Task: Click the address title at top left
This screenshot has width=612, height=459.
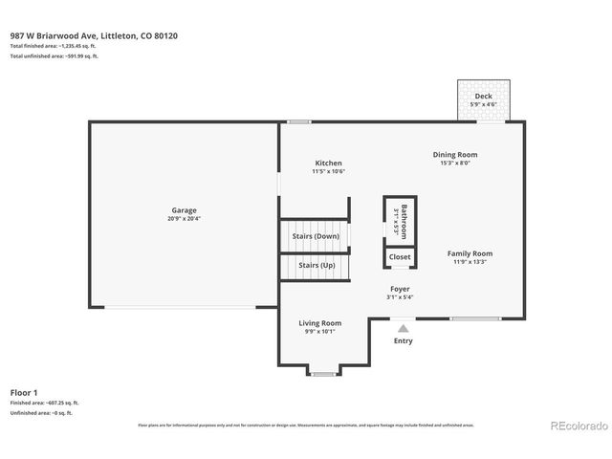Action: pos(94,35)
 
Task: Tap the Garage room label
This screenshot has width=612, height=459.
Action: pos(185,209)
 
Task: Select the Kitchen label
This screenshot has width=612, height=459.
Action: pos(328,164)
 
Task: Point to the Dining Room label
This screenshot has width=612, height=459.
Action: pos(455,154)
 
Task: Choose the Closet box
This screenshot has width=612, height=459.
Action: pos(400,257)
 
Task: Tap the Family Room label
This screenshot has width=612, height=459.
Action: pos(470,253)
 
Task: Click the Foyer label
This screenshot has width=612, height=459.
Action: pos(400,289)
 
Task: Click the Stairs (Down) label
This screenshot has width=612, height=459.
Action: pos(316,235)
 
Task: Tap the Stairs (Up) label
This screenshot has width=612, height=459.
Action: pos(316,265)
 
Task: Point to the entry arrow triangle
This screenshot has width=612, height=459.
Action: pos(404,328)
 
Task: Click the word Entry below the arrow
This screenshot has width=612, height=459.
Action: pos(404,340)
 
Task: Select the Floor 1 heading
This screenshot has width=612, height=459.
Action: pos(24,392)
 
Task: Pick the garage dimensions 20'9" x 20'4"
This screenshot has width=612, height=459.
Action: pos(185,218)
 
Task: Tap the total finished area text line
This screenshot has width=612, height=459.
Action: pos(55,46)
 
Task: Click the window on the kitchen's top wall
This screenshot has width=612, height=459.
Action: pos(299,121)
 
